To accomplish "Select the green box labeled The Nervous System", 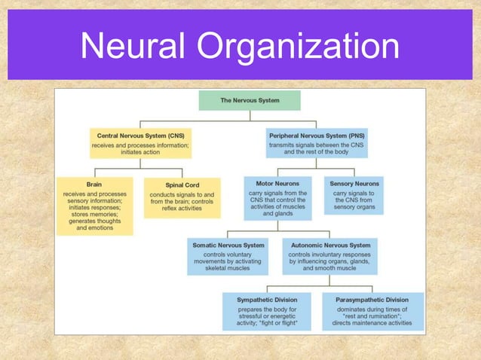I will click(x=249, y=99).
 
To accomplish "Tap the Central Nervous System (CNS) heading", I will click(x=139, y=135).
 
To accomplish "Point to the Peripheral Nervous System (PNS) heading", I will click(x=317, y=135).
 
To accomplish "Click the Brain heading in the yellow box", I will click(x=95, y=184).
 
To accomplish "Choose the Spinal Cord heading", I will click(x=182, y=185).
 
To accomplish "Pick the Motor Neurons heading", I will click(x=277, y=183).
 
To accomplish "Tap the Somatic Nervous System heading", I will click(x=228, y=245).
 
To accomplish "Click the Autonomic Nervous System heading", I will click(x=329, y=245).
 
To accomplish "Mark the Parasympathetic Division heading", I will click(x=371, y=299).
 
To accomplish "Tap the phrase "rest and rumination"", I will click(x=371, y=316).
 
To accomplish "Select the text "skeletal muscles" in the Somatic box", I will click(x=228, y=268).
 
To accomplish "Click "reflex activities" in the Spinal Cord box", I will click(x=182, y=209).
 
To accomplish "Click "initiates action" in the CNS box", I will click(x=139, y=151).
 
